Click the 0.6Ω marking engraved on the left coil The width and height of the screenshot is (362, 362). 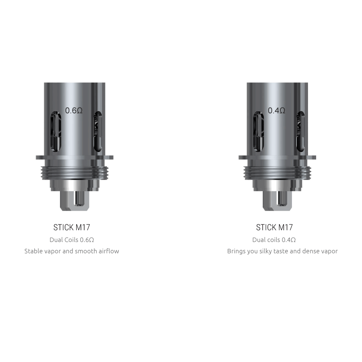tap(74, 111)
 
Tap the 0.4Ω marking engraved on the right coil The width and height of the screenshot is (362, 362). tap(276, 111)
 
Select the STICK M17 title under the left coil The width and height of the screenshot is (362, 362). tap(72, 227)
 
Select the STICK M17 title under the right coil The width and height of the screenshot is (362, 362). tap(274, 227)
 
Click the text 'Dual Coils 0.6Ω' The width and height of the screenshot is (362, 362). tap(72, 240)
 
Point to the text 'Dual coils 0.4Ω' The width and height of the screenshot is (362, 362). tap(274, 240)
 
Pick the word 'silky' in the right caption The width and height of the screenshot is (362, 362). tap(265, 251)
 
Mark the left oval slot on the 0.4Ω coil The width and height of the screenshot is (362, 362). tap(258, 131)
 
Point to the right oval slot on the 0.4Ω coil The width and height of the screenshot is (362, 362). tap(300, 131)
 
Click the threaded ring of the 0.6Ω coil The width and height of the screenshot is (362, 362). tap(74, 171)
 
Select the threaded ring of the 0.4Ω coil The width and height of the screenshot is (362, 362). tap(277, 171)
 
